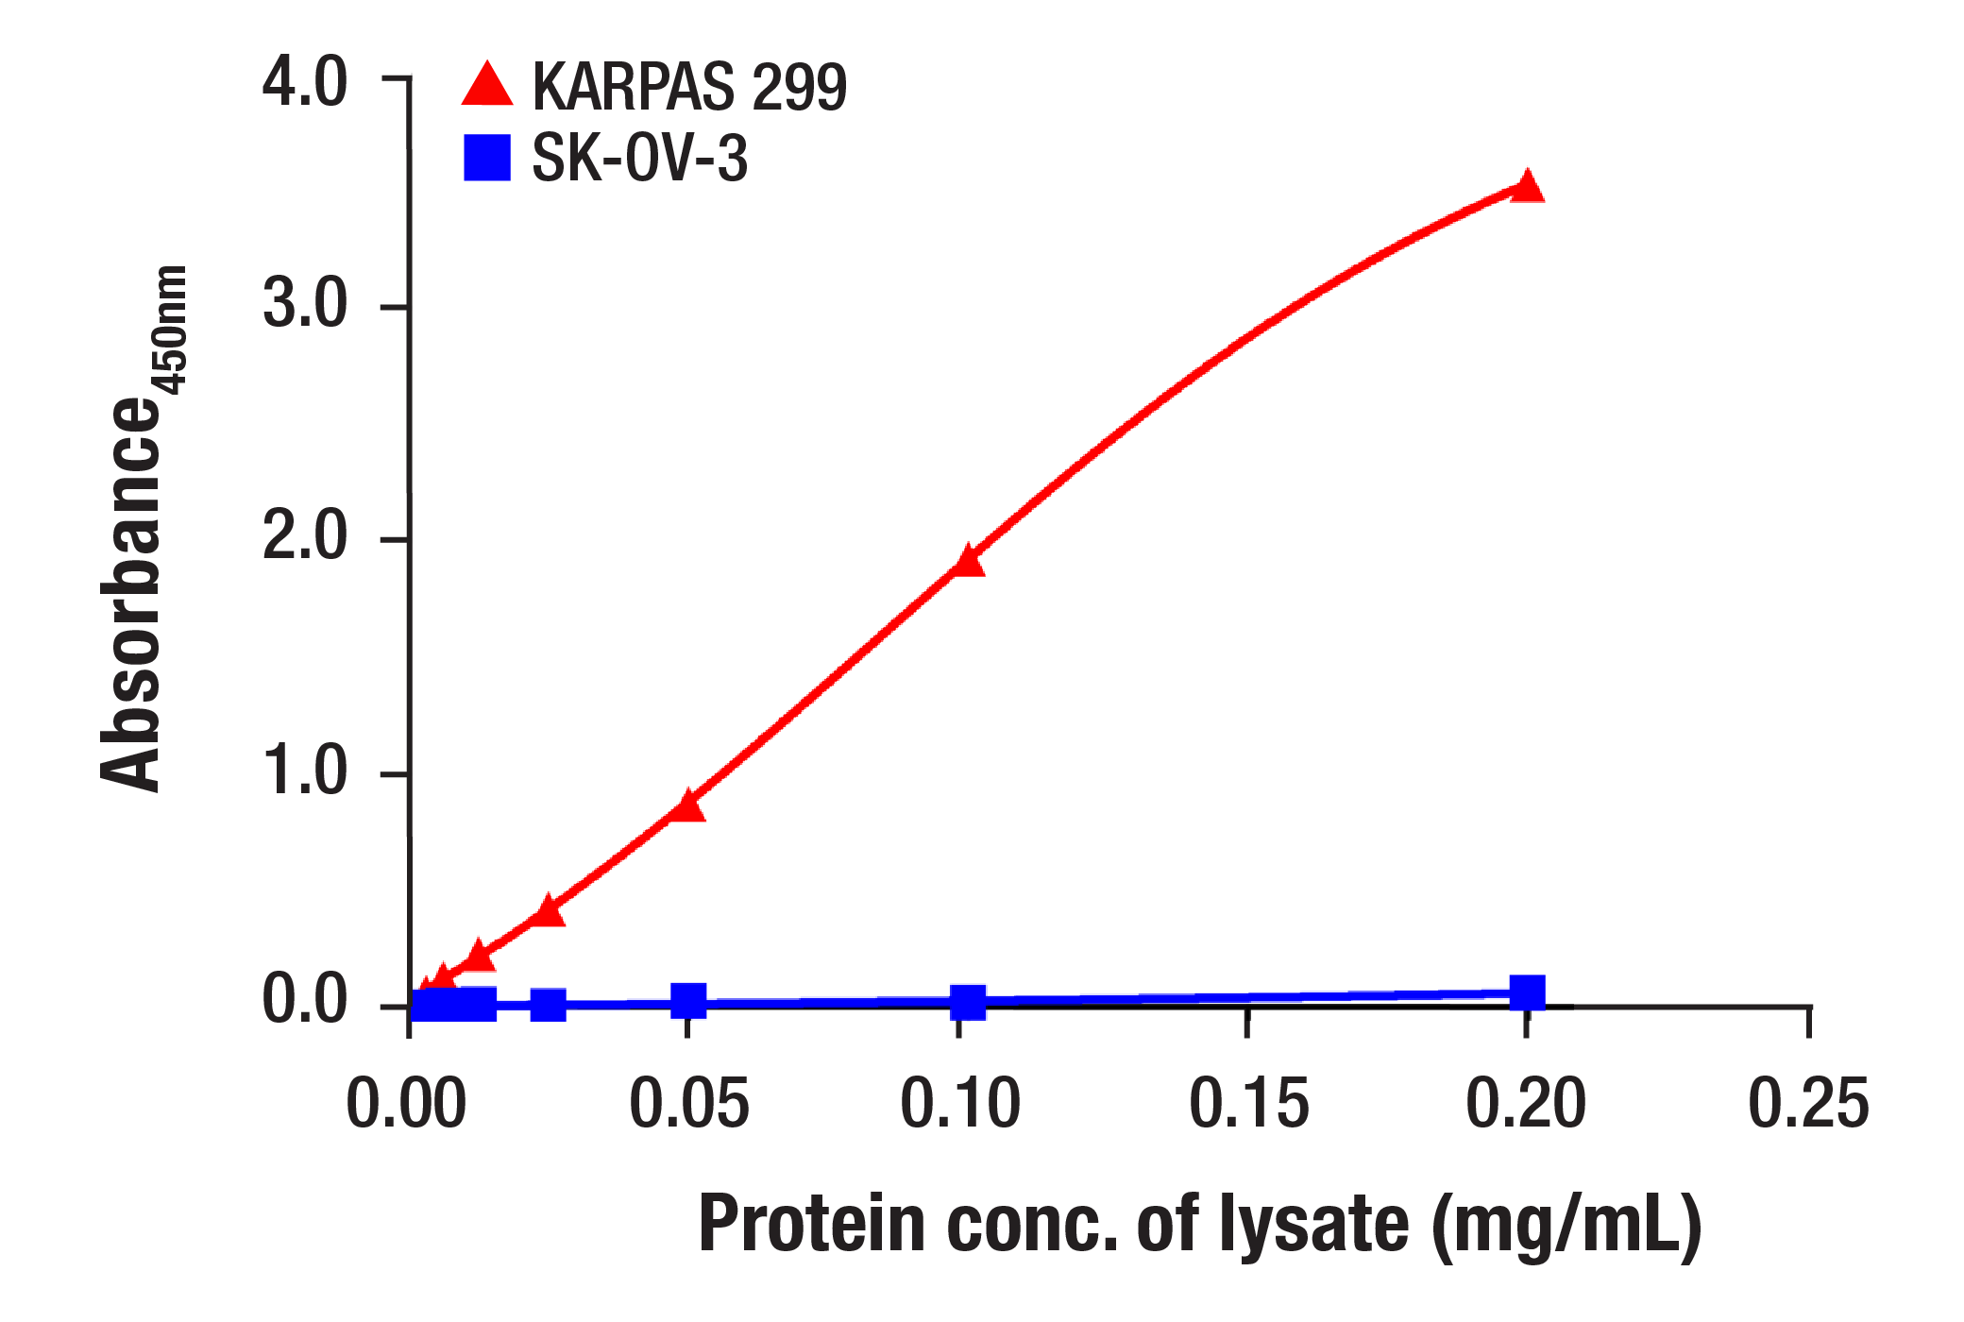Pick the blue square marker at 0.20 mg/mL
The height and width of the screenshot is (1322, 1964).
(1527, 993)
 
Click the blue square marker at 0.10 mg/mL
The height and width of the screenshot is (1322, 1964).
(968, 1002)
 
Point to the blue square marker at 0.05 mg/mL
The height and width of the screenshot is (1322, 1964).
(688, 999)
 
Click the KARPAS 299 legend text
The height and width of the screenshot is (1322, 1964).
(689, 87)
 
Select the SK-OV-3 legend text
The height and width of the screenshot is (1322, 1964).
(639, 158)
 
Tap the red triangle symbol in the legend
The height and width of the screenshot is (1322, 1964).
(487, 86)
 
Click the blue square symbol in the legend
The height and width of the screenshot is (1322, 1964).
(487, 158)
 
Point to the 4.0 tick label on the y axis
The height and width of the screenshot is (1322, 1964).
(304, 82)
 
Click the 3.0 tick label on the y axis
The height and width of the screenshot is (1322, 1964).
(304, 304)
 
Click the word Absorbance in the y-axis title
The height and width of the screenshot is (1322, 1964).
(132, 595)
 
